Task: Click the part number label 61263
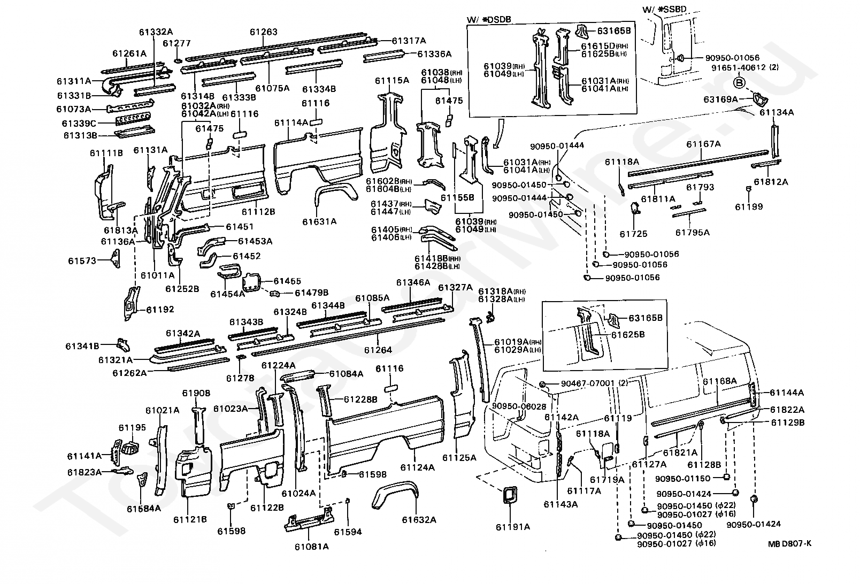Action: click(263, 32)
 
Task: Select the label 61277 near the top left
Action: click(176, 43)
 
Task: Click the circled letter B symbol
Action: click(739, 82)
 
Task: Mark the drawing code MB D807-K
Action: click(789, 543)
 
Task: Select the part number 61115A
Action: click(391, 80)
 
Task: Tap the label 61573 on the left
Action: click(82, 261)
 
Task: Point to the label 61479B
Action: click(311, 293)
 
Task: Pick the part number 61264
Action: click(378, 350)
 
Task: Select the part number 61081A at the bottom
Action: click(311, 546)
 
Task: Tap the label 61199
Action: click(749, 207)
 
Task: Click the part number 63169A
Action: click(720, 99)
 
